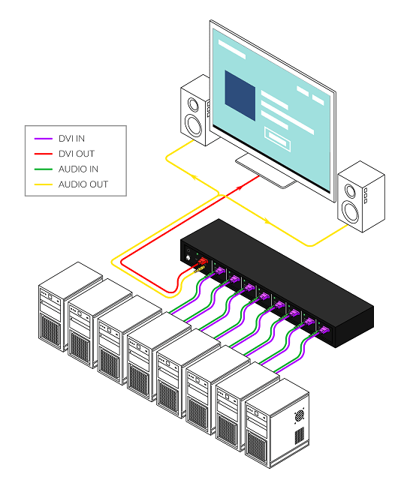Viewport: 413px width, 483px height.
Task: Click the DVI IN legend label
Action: [x=73, y=139]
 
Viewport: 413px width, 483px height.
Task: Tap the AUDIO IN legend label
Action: [x=78, y=169]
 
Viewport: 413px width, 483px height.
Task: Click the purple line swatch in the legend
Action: [x=44, y=139]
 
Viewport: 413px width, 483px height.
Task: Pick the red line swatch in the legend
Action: [x=44, y=154]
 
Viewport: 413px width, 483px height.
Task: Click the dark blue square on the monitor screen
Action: [x=244, y=91]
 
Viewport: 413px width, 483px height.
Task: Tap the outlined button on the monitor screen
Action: [x=276, y=136]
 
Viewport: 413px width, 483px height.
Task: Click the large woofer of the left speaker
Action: [x=194, y=124]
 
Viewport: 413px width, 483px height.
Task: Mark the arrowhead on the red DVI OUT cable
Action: [x=238, y=183]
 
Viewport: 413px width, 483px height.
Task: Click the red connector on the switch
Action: [x=201, y=262]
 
